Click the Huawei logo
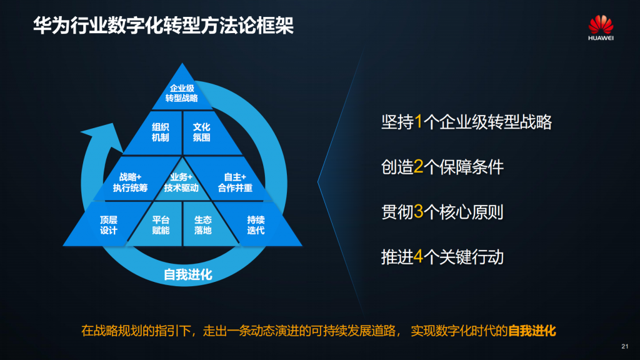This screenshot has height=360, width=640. (601, 27)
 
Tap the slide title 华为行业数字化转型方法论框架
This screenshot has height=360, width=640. (163, 25)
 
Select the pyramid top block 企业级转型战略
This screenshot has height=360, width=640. (182, 92)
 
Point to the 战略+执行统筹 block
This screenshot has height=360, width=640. (131, 182)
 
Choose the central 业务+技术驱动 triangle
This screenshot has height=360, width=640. (182, 182)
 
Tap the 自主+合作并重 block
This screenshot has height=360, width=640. (235, 182)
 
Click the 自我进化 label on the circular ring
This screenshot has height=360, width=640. (187, 274)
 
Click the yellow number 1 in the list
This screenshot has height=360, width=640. (418, 122)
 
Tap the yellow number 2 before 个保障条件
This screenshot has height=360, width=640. (418, 167)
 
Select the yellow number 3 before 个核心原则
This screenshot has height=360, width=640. (418, 212)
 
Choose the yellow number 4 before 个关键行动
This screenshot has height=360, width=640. (418, 257)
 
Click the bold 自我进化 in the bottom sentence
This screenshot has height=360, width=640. (532, 331)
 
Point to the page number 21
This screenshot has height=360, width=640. (625, 346)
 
